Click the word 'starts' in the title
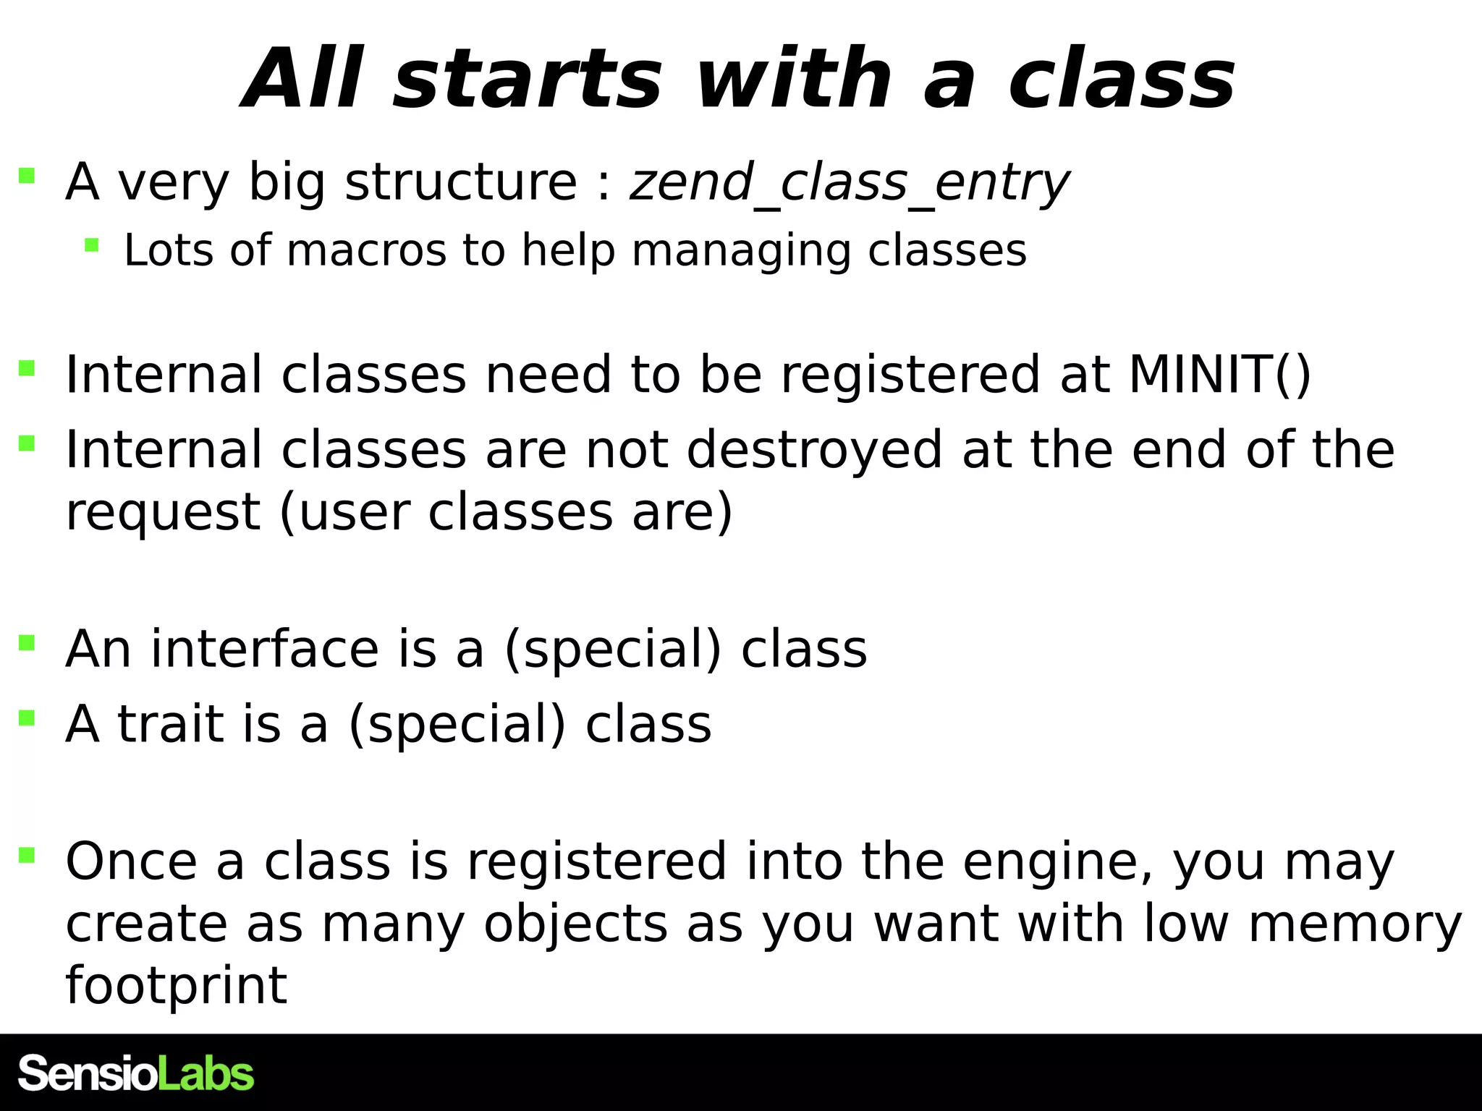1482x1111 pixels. [527, 80]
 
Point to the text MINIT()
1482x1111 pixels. [1219, 375]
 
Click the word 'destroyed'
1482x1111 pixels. [814, 450]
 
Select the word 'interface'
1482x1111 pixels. [265, 649]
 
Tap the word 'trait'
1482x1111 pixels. [171, 724]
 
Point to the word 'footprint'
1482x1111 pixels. [177, 985]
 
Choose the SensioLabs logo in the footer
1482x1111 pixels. [136, 1073]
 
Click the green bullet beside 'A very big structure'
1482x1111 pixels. [27, 176]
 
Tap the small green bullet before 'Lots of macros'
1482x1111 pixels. [91, 245]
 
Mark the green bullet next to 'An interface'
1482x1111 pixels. [27, 642]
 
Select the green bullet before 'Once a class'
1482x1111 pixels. [27, 856]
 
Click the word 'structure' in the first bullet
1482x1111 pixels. [461, 182]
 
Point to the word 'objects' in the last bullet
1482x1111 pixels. [575, 924]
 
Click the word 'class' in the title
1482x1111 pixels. [1122, 80]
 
